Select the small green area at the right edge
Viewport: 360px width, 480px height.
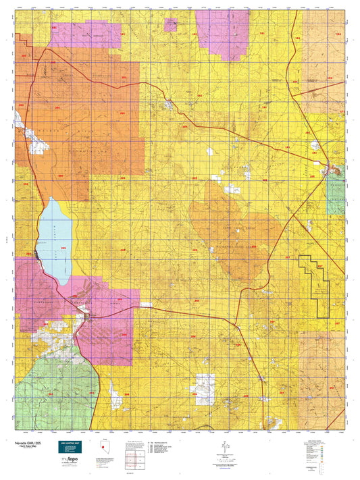click(336, 189)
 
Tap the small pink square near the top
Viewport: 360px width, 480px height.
click(172, 25)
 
